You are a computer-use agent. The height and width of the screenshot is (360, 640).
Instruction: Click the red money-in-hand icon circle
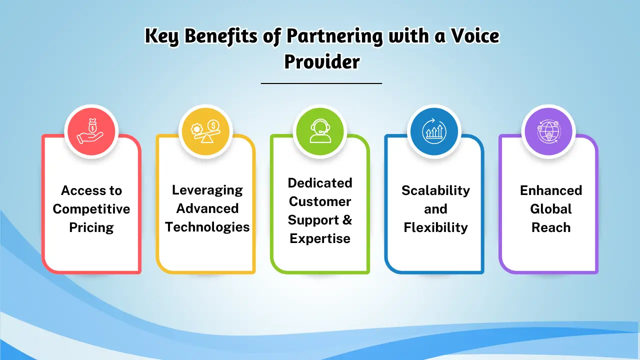pos(91,131)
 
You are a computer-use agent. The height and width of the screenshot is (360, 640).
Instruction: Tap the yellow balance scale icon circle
pos(206,131)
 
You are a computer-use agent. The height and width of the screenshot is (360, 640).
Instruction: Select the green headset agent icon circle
pos(320,131)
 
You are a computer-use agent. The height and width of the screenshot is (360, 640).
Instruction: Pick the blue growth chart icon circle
pos(434,131)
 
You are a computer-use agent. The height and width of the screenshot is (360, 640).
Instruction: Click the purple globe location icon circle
pos(548,131)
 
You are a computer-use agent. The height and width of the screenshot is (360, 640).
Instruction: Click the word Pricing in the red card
pos(91,227)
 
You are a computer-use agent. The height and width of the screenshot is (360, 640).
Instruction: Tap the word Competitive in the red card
pos(91,209)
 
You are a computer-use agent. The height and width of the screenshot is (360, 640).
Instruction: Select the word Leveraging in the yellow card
pos(207,190)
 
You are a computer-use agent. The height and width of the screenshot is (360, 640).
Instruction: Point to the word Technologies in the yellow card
pos(207,227)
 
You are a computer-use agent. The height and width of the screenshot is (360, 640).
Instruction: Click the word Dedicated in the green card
pos(320,183)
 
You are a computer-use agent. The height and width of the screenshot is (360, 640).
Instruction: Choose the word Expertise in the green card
pos(320,238)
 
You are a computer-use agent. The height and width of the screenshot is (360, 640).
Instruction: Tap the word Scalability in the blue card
pos(435,190)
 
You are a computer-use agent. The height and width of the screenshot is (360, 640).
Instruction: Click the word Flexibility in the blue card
pos(435,227)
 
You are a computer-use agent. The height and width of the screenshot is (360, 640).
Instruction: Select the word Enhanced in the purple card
pos(550,190)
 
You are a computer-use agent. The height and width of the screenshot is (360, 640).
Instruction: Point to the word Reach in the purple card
pos(550,227)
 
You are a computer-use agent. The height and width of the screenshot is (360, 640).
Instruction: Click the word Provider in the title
pos(321,62)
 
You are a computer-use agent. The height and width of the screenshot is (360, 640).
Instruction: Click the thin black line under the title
pos(321,83)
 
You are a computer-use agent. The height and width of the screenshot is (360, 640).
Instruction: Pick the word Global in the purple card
pos(550,209)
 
